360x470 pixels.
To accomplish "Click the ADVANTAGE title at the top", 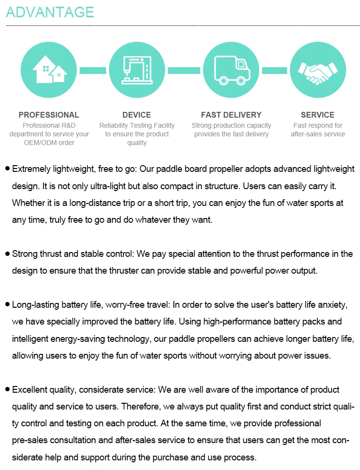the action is coord(49,12).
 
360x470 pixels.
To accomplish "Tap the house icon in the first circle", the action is coord(49,70).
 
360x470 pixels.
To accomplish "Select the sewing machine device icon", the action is coord(137,70).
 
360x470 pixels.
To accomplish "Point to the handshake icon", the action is coord(317,70).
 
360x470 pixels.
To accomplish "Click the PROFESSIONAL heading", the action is coord(49,115).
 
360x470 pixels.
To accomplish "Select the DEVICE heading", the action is coord(137,115).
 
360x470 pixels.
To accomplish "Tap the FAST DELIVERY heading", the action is coord(231,115).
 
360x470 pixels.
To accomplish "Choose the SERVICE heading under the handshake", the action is coord(318,115).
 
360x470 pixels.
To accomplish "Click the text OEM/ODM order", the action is coord(49,143).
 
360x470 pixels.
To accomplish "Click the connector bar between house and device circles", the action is coord(93,71).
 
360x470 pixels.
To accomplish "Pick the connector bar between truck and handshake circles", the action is coord(275,71).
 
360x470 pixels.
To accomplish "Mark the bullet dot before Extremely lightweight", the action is coord(7,169).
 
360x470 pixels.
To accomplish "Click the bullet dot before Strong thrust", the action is coord(7,253).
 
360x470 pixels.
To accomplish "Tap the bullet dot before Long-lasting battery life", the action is coord(7,304).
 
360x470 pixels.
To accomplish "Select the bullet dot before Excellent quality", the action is coord(7,389).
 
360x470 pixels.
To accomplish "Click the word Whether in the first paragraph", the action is coord(28,203).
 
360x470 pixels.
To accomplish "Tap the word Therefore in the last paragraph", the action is coord(142,406).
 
